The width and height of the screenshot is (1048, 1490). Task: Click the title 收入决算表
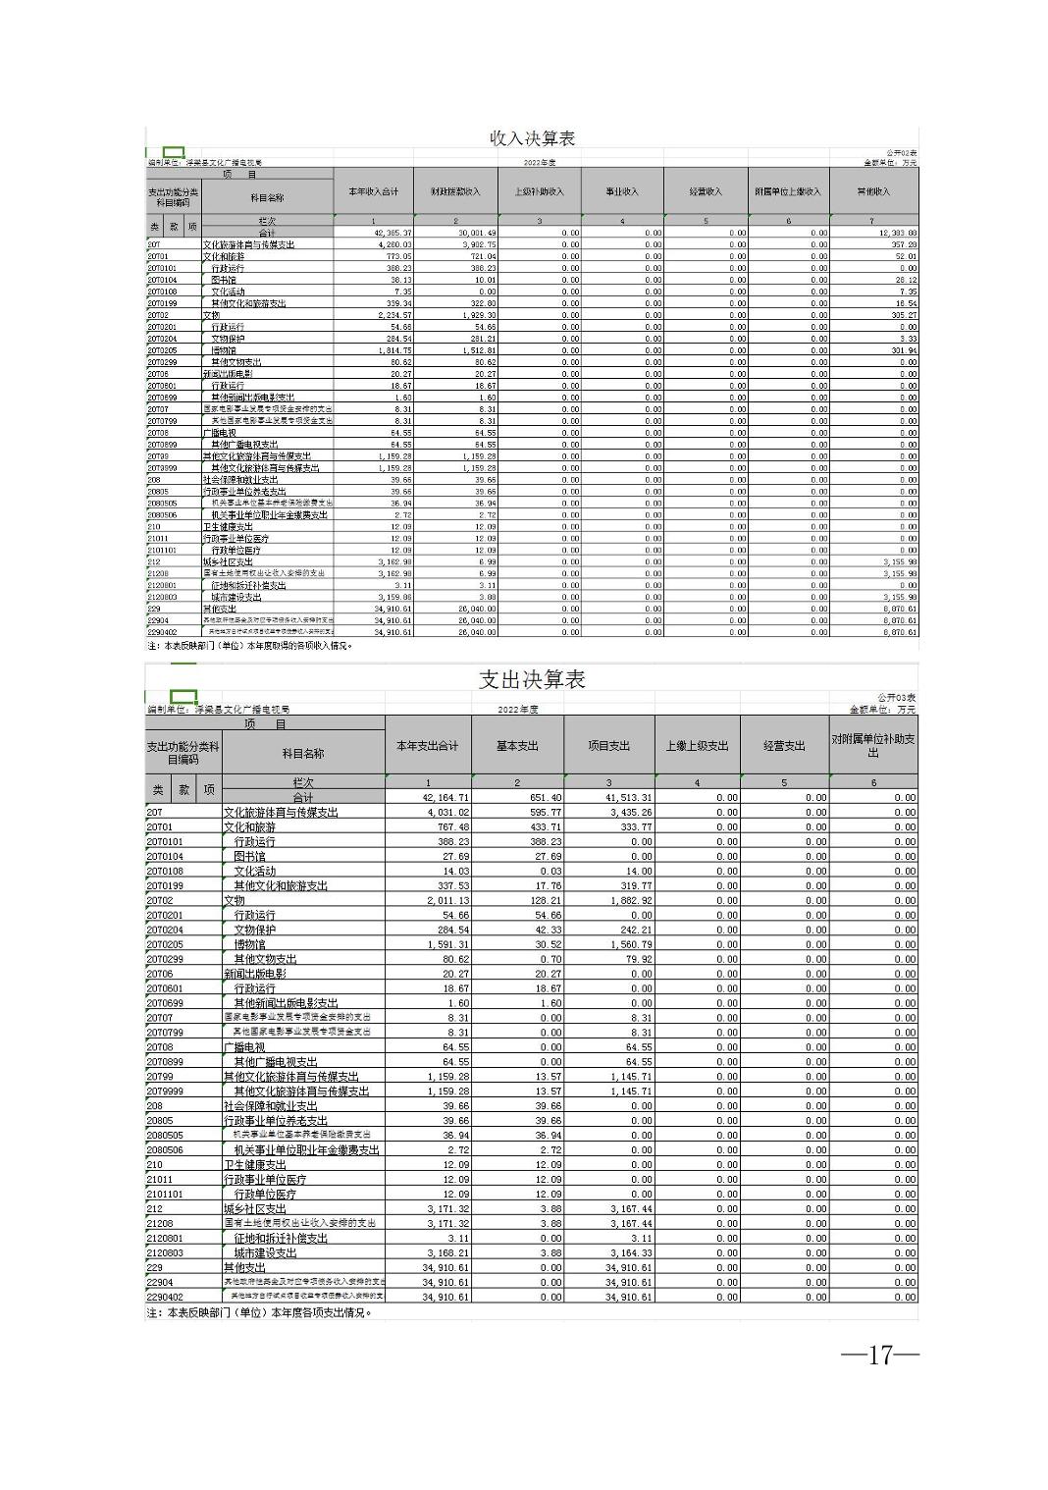(532, 138)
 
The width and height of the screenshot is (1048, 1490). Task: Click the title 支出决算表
(532, 679)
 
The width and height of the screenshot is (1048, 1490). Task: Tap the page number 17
(879, 1356)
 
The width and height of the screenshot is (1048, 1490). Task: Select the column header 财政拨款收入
(455, 191)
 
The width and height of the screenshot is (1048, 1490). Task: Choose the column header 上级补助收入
(539, 191)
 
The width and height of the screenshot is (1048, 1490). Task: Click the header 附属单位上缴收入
(788, 191)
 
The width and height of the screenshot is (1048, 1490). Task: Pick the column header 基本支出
(517, 746)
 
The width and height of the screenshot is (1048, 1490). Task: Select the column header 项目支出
(608, 746)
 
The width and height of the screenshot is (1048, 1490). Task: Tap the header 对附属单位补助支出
(873, 746)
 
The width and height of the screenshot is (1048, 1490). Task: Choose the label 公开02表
(901, 153)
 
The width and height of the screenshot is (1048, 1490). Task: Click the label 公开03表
(897, 697)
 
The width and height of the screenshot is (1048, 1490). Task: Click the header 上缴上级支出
(697, 746)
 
